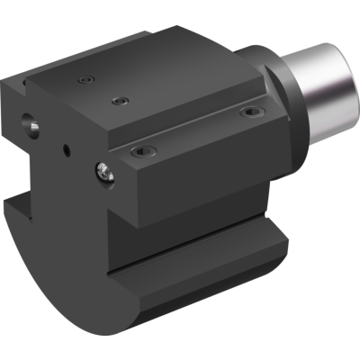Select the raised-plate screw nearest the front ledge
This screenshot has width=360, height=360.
[x=120, y=101]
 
